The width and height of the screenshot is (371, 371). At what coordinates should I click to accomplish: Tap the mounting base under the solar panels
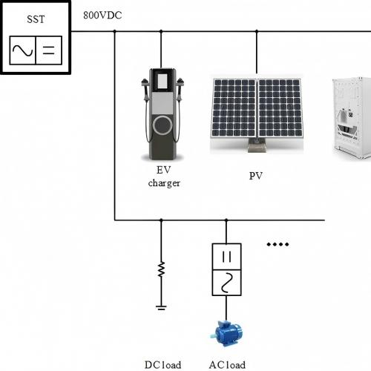click(257, 148)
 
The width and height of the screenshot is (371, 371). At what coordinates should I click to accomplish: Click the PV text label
click(257, 177)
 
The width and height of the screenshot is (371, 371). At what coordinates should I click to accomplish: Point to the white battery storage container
click(350, 119)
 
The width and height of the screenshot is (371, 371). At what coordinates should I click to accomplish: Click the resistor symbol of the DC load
click(161, 270)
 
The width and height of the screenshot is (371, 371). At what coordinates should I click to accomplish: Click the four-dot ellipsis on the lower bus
click(278, 244)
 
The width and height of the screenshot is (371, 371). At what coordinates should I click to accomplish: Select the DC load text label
click(162, 364)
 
